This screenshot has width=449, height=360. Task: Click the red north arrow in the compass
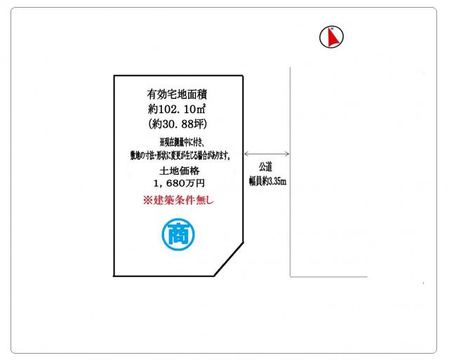pos(333,37)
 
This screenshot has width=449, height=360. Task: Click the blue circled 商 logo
pos(178,234)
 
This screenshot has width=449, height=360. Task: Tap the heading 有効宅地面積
pos(177,94)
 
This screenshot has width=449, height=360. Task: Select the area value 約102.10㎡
pos(177,109)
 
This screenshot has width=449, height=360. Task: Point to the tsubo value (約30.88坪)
pos(177,124)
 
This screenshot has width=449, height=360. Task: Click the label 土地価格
pos(180,171)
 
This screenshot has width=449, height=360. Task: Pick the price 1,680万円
pos(180,183)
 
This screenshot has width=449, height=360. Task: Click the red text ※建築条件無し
pos(178,200)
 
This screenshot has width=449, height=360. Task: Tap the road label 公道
pos(265,167)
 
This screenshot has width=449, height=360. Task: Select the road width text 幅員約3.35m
pos(267,181)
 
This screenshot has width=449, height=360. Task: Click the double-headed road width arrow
pos(267,154)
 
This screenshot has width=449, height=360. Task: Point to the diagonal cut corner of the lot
pos(229,259)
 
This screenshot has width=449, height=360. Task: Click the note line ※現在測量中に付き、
pos(182,142)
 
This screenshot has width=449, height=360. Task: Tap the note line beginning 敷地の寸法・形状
pos(180,156)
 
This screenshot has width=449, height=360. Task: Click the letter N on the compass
pos(332,28)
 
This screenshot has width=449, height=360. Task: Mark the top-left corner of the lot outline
pos(114,76)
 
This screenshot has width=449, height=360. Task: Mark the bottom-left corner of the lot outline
pos(114,276)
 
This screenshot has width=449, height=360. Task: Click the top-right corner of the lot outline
pos(243,76)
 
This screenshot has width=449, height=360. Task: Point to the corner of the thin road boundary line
pos(290,276)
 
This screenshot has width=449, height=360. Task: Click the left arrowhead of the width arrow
pos(246,154)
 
